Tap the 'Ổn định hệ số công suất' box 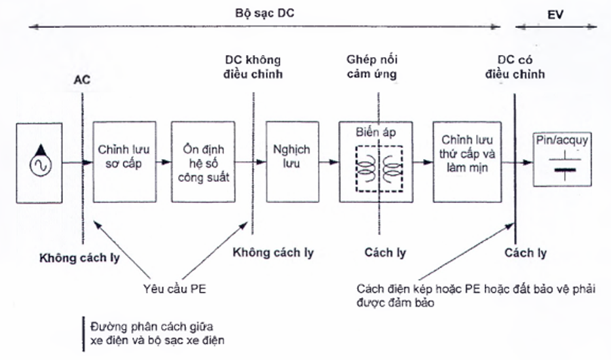200,162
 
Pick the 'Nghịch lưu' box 291,162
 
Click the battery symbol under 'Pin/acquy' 561,163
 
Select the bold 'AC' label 82,79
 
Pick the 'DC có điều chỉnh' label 521,66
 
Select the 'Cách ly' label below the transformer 384,253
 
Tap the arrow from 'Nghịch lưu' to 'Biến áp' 329,162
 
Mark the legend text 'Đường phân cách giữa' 145,325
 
